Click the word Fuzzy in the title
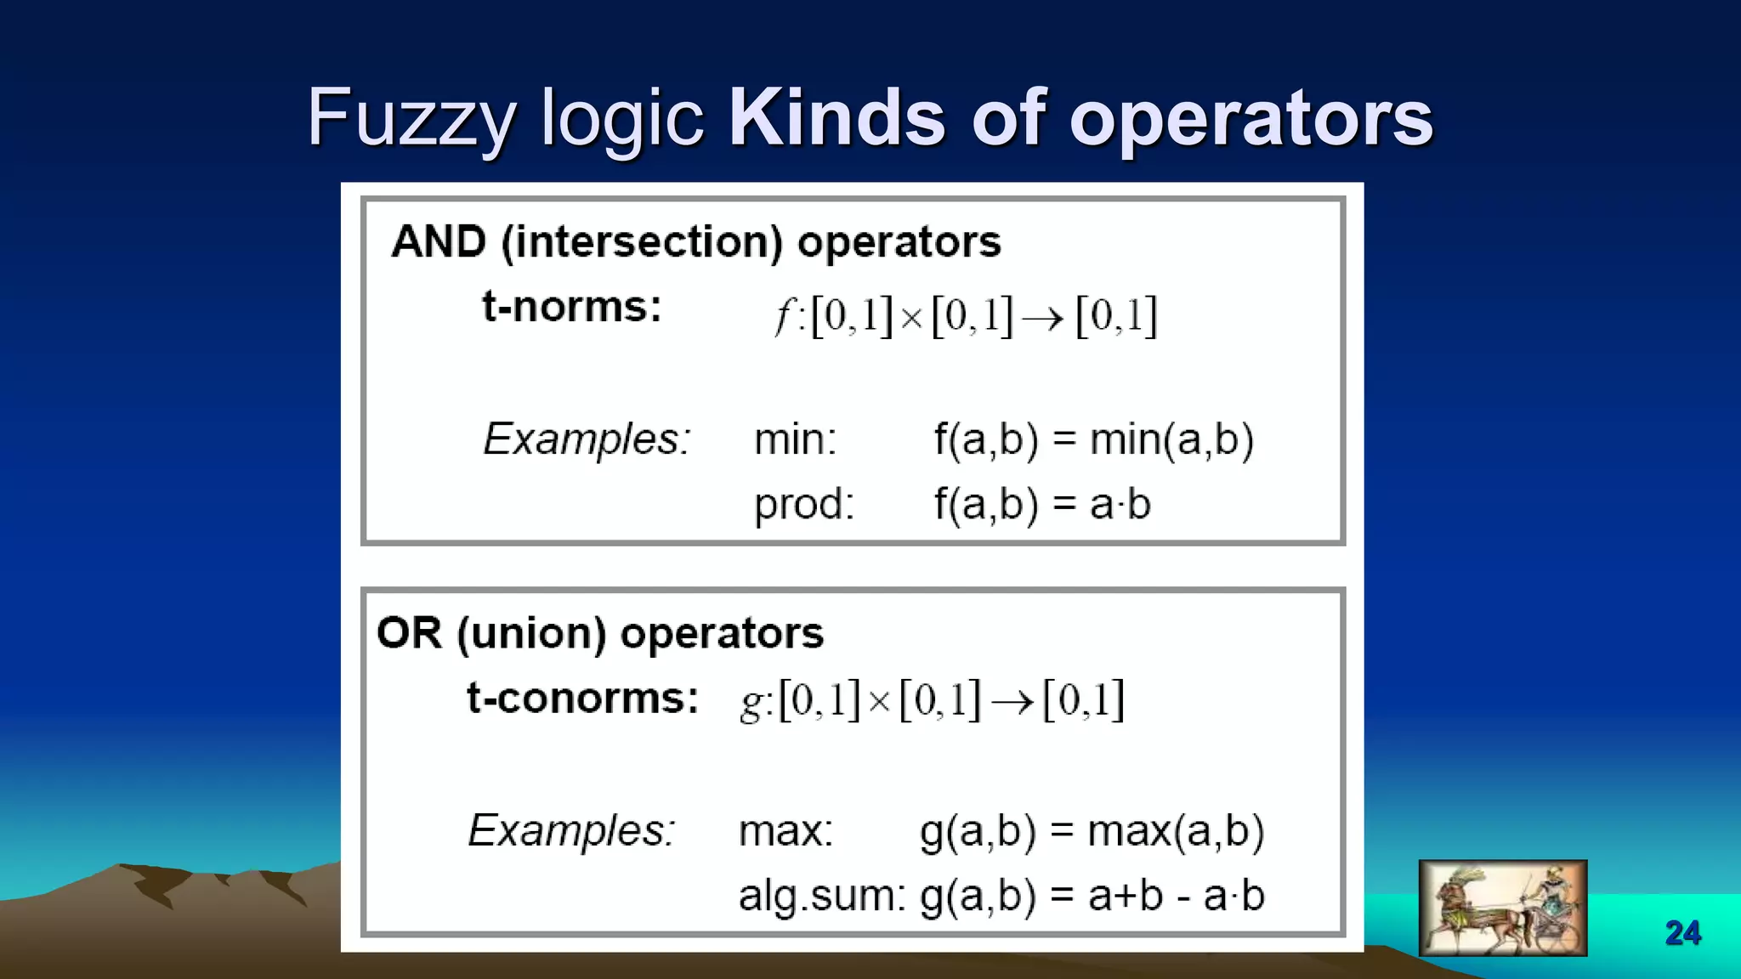pyautogui.click(x=411, y=119)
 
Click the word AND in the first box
pyautogui.click(x=438, y=242)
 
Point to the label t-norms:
pyautogui.click(x=571, y=307)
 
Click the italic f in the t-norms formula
pyautogui.click(x=783, y=318)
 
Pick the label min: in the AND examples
pyautogui.click(x=795, y=440)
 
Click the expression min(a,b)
pyautogui.click(x=1171, y=440)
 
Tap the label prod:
pyautogui.click(x=803, y=504)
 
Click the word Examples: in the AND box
pyautogui.click(x=587, y=440)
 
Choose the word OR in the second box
pyautogui.click(x=409, y=634)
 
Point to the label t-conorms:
pyautogui.click(x=582, y=699)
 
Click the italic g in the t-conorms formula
pyautogui.click(x=751, y=702)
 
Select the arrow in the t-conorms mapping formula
pyautogui.click(x=1012, y=702)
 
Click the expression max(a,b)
pyautogui.click(x=1176, y=831)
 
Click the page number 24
pyautogui.click(x=1682, y=933)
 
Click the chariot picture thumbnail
pyautogui.click(x=1502, y=908)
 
